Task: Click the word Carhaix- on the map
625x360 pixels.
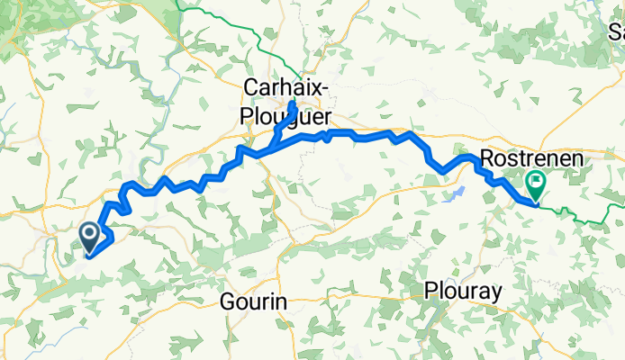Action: (282, 86)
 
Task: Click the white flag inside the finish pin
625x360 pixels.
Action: (537, 183)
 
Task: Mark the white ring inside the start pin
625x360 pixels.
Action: (91, 235)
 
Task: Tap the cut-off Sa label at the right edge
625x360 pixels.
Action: (616, 33)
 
